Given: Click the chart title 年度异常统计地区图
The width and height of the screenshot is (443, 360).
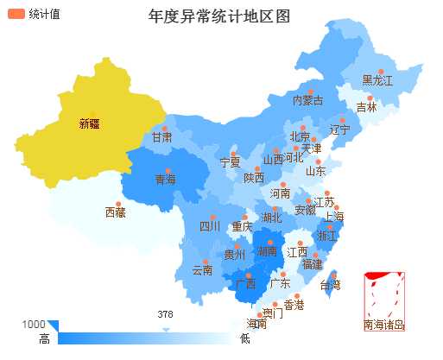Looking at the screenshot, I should tap(219, 17).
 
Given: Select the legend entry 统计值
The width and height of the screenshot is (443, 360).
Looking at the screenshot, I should tap(44, 14).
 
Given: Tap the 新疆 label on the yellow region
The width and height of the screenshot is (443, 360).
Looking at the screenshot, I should tap(89, 123).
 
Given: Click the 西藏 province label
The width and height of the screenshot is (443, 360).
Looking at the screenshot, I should tap(115, 212).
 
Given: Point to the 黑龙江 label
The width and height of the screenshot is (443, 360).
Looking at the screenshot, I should tap(377, 80).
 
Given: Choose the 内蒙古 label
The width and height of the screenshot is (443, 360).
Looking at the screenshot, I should tap(308, 100).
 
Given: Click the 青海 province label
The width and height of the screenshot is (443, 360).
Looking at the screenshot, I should tap(165, 180).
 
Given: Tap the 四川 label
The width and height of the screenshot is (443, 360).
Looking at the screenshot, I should tap(210, 227).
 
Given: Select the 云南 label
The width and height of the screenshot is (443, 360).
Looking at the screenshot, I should tap(202, 270).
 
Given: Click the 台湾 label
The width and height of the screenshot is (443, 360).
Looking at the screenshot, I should tap(331, 285).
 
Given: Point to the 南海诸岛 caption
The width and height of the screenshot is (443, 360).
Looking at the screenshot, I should tap(384, 325).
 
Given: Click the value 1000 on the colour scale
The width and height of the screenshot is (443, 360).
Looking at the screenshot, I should tap(34, 324).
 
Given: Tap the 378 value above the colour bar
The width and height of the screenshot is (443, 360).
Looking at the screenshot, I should tap(166, 314).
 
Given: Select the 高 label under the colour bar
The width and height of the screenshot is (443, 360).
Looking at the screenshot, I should tap(44, 339).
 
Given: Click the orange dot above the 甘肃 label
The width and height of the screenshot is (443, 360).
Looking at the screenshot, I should tap(163, 129).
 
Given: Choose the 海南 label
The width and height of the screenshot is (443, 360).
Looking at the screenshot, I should tap(256, 324).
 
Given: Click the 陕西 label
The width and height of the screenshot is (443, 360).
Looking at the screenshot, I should tap(254, 179).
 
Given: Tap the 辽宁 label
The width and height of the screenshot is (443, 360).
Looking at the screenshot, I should tap(339, 130).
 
